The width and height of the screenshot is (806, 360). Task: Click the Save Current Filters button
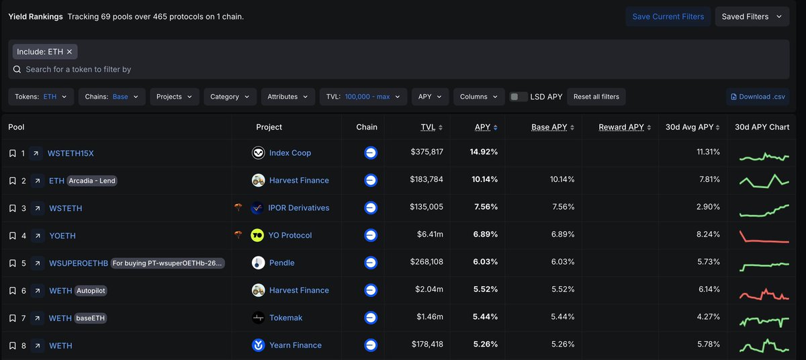(x=668, y=17)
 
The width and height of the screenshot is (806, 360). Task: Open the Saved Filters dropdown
(x=752, y=17)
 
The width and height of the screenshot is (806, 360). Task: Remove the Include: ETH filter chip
(x=69, y=52)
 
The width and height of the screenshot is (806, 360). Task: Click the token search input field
(x=201, y=69)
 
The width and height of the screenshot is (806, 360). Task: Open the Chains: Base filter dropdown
(x=111, y=97)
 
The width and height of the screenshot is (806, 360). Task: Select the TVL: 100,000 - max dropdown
(x=363, y=97)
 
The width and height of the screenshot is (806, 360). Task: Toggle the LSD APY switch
(x=519, y=97)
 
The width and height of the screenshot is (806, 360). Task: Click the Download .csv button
(x=757, y=97)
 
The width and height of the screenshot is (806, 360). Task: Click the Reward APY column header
(x=621, y=127)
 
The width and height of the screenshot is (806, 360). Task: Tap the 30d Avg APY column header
(x=689, y=127)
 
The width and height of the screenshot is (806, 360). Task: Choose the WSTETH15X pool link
(x=71, y=153)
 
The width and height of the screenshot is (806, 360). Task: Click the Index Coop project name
(x=290, y=153)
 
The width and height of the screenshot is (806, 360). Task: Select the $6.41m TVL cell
(x=429, y=235)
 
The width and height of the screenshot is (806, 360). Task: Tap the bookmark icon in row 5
(x=12, y=263)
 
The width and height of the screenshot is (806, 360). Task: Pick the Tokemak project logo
(x=258, y=318)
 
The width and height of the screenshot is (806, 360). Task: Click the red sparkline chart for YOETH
(x=764, y=236)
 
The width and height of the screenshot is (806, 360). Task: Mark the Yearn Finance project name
(x=296, y=345)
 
